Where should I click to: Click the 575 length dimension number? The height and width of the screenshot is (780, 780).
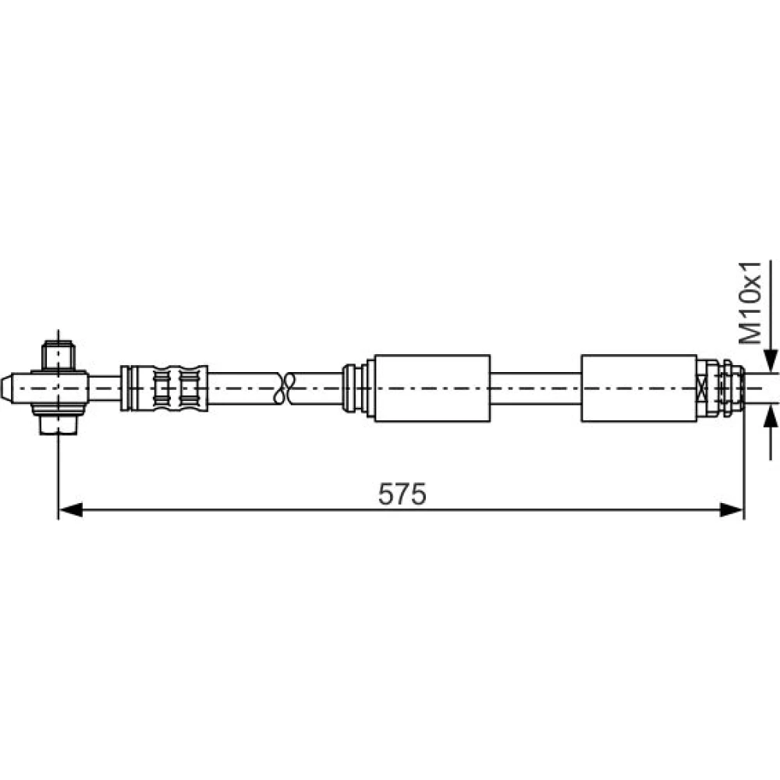tap(402, 495)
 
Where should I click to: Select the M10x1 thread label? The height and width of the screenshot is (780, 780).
tap(750, 303)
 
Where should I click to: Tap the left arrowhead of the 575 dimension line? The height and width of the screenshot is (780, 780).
tap(71, 510)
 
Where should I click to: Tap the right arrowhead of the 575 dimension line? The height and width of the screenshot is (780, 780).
tap(732, 510)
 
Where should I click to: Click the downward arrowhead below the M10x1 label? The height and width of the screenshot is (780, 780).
tap(771, 360)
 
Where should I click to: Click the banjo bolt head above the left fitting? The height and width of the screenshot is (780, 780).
tap(58, 355)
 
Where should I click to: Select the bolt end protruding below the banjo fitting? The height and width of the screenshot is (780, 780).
tap(58, 425)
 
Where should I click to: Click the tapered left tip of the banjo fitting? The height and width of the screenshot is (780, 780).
tap(6, 388)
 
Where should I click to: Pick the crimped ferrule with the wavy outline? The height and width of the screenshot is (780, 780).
tap(164, 388)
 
